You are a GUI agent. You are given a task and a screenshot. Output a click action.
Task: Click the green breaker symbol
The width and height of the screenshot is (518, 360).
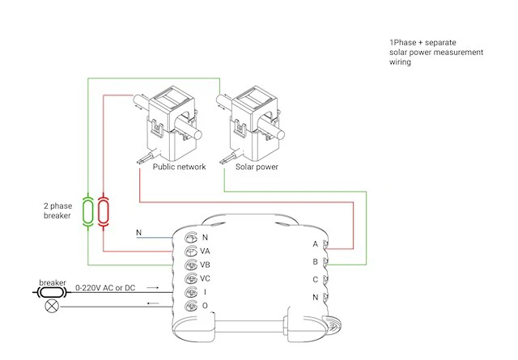pos(88,212)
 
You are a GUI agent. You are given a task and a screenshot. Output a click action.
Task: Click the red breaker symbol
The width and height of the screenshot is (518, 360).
pos(104,212)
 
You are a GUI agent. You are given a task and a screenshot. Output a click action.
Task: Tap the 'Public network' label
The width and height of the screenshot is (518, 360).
pos(179,167)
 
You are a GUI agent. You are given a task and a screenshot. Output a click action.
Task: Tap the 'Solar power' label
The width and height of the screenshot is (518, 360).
pos(257,167)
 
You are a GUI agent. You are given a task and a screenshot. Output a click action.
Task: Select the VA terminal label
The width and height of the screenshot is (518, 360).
pos(205,252)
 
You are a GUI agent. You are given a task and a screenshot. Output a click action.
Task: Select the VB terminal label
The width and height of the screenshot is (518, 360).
pos(205,265)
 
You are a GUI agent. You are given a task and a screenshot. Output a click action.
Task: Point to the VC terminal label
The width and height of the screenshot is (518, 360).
pos(205,278)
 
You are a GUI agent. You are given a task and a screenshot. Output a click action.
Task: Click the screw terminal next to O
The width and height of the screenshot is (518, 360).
pos(191,306)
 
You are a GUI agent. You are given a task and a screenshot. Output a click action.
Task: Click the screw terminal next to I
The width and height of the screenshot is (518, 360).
pos(191,292)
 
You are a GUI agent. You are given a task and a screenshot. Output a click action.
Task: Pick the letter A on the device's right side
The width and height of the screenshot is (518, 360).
pos(315,244)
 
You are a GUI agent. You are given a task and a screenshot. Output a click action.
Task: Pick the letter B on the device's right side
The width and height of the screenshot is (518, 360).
pos(315,262)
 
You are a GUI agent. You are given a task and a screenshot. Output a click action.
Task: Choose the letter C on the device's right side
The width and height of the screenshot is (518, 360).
pos(315,280)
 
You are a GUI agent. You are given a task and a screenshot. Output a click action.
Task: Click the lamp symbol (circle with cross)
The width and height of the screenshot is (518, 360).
pos(52,306)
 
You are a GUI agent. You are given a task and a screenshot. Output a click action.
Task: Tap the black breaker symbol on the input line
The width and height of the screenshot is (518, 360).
pos(52,292)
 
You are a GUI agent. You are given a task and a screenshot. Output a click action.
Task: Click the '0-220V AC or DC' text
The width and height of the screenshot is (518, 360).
pos(105,288)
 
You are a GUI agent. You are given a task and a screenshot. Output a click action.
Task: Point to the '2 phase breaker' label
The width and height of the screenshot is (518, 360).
pos(57,210)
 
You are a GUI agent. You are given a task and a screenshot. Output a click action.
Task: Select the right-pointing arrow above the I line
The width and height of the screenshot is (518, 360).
pos(153,288)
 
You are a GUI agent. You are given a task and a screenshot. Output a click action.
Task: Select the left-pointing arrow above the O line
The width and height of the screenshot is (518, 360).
pos(153,303)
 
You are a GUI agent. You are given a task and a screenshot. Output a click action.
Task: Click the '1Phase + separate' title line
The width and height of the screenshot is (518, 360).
pos(422,43)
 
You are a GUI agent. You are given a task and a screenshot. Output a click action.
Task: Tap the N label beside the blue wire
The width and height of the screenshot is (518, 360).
pos(138,232)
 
